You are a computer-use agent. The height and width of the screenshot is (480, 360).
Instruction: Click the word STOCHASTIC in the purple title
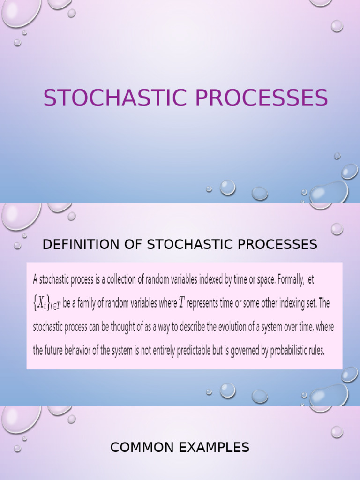pos(114,98)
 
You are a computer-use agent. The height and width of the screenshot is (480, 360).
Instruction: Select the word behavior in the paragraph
pos(84,350)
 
